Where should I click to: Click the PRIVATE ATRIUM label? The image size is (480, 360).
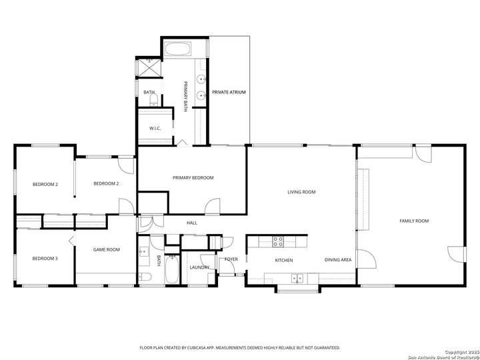(x=229, y=91)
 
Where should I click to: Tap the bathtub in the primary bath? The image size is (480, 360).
(x=178, y=49)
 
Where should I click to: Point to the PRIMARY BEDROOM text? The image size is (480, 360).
(x=193, y=177)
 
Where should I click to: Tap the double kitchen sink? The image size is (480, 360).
(x=297, y=277)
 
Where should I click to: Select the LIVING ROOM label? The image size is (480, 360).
(x=301, y=192)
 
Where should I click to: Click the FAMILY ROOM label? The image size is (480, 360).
(x=413, y=221)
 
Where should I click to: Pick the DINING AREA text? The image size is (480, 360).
(x=338, y=260)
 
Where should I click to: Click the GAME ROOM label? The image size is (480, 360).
(x=106, y=249)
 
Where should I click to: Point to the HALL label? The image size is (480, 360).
(x=191, y=223)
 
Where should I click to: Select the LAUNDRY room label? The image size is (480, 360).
(x=199, y=267)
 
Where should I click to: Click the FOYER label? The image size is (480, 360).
(x=231, y=259)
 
